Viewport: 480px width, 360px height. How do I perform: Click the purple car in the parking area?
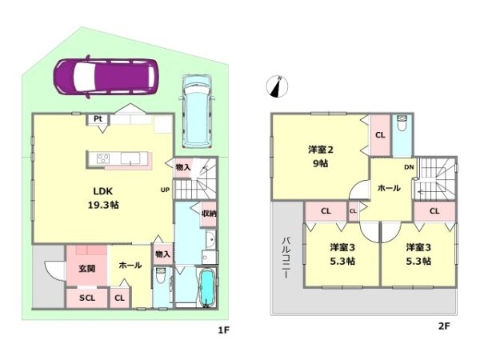(x=106, y=77)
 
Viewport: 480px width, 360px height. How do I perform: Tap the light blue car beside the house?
(x=197, y=111)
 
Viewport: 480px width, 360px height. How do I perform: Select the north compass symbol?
(x=278, y=86)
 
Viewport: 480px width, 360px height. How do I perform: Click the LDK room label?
(x=103, y=191)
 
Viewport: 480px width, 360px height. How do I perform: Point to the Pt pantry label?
(x=98, y=118)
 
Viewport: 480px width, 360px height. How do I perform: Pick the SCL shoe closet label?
(x=87, y=298)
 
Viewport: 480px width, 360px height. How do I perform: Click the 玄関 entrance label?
(x=87, y=269)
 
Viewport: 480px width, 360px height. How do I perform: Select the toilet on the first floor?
(x=160, y=276)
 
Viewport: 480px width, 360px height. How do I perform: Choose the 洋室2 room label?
(x=321, y=150)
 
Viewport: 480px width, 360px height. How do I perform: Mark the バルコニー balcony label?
(x=286, y=258)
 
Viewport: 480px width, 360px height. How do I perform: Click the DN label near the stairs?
(x=409, y=167)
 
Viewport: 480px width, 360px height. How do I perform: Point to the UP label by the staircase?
(x=165, y=190)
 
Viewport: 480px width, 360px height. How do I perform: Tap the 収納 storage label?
(x=209, y=214)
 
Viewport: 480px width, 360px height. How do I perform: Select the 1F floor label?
(x=223, y=330)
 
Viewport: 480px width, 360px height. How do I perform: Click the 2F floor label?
(x=444, y=326)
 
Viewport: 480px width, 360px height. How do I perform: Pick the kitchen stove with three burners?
(x=103, y=158)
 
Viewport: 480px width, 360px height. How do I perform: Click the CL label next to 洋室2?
(x=380, y=135)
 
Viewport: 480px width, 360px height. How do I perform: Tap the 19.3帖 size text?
(x=103, y=205)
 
